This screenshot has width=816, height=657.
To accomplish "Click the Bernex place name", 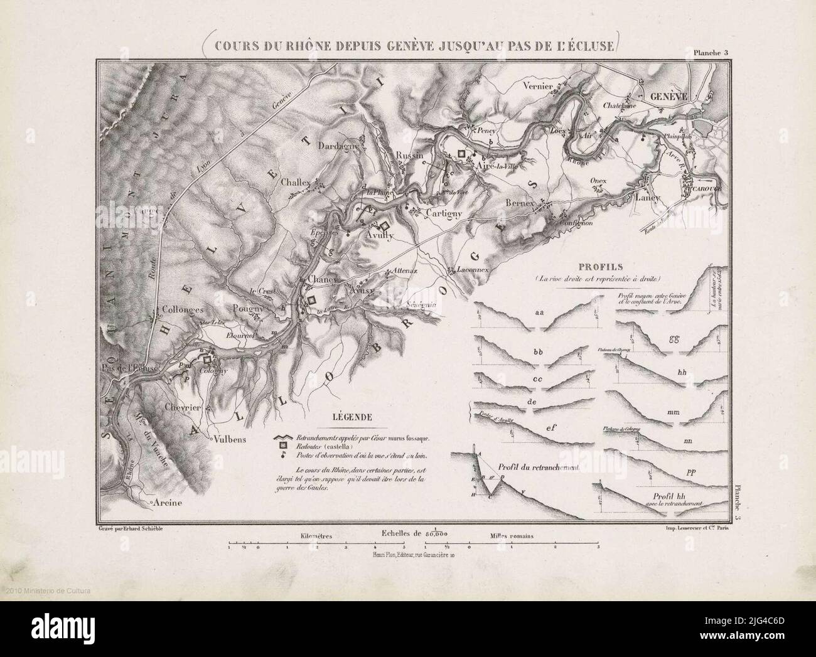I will tap(518, 205).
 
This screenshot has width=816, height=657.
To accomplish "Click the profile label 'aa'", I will tap(539, 311).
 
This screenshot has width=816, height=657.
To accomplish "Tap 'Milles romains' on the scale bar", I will tap(515, 537).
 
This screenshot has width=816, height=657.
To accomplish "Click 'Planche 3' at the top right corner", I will tap(710, 53).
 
